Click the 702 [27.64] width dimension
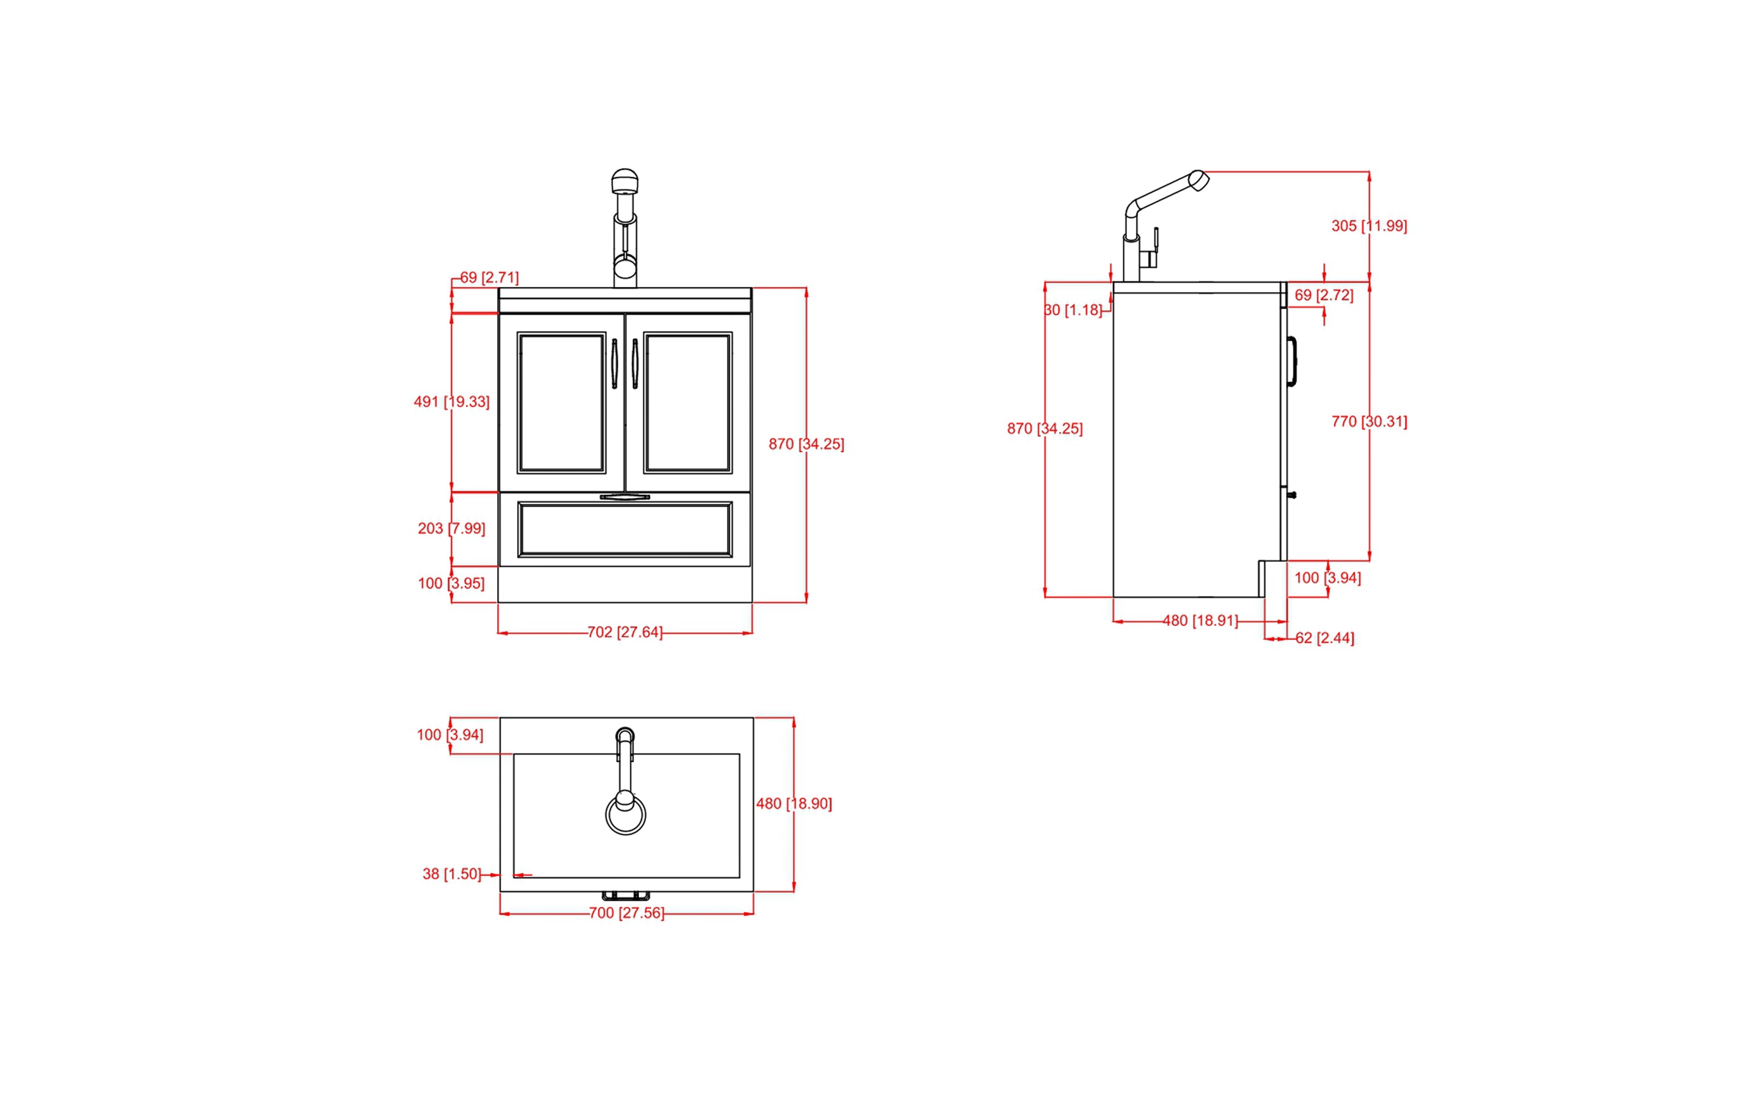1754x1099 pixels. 625,632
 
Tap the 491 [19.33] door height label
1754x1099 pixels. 451,402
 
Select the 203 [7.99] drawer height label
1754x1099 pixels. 451,528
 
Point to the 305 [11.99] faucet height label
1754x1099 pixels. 1369,226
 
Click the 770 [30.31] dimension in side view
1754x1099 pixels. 1369,421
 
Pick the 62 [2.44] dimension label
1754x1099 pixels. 1324,638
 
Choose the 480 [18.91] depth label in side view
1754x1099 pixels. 1200,621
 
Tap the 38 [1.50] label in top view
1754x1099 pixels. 451,874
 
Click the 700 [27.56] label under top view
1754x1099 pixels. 626,913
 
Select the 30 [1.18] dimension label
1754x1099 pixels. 1073,310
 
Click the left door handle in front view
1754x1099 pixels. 615,364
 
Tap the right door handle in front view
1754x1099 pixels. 635,364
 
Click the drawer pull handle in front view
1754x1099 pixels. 625,497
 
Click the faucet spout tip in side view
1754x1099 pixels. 1199,180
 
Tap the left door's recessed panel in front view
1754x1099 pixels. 561,403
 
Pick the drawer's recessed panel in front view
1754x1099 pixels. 625,529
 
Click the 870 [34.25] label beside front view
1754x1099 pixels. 806,444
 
